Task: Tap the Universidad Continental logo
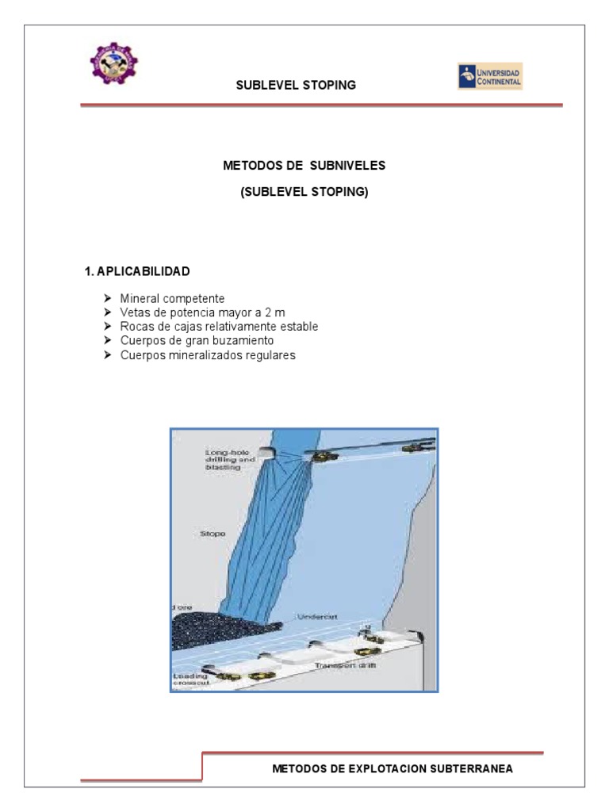tap(490, 77)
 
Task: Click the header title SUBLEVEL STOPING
tap(296, 85)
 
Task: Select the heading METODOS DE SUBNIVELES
tap(304, 166)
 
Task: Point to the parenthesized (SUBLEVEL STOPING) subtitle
tap(304, 192)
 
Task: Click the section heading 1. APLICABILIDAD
tap(137, 271)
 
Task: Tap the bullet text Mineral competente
tap(172, 298)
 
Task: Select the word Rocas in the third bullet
tap(136, 327)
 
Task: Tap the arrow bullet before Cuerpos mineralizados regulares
tap(108, 355)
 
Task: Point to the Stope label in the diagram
tap(212, 534)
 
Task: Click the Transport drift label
tap(344, 665)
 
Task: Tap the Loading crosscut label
tap(191, 680)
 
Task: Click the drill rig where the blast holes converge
tap(321, 456)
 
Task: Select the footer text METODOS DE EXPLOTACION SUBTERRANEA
tap(392, 768)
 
